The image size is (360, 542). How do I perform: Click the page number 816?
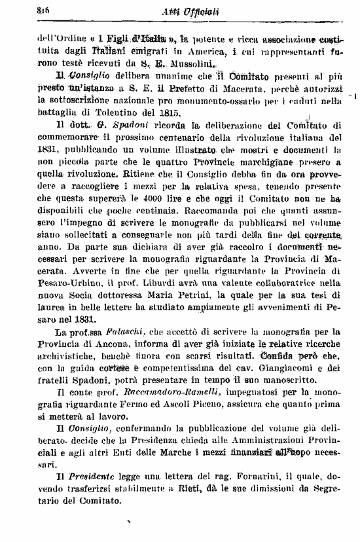[x=27, y=10]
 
